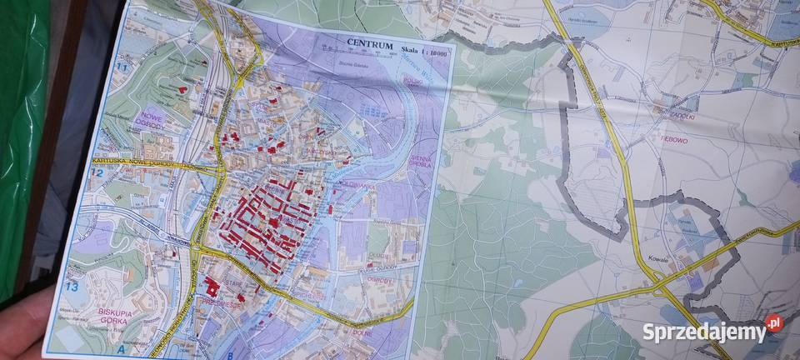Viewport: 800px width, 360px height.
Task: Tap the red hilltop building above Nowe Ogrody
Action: pyautogui.click(x=179, y=87)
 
